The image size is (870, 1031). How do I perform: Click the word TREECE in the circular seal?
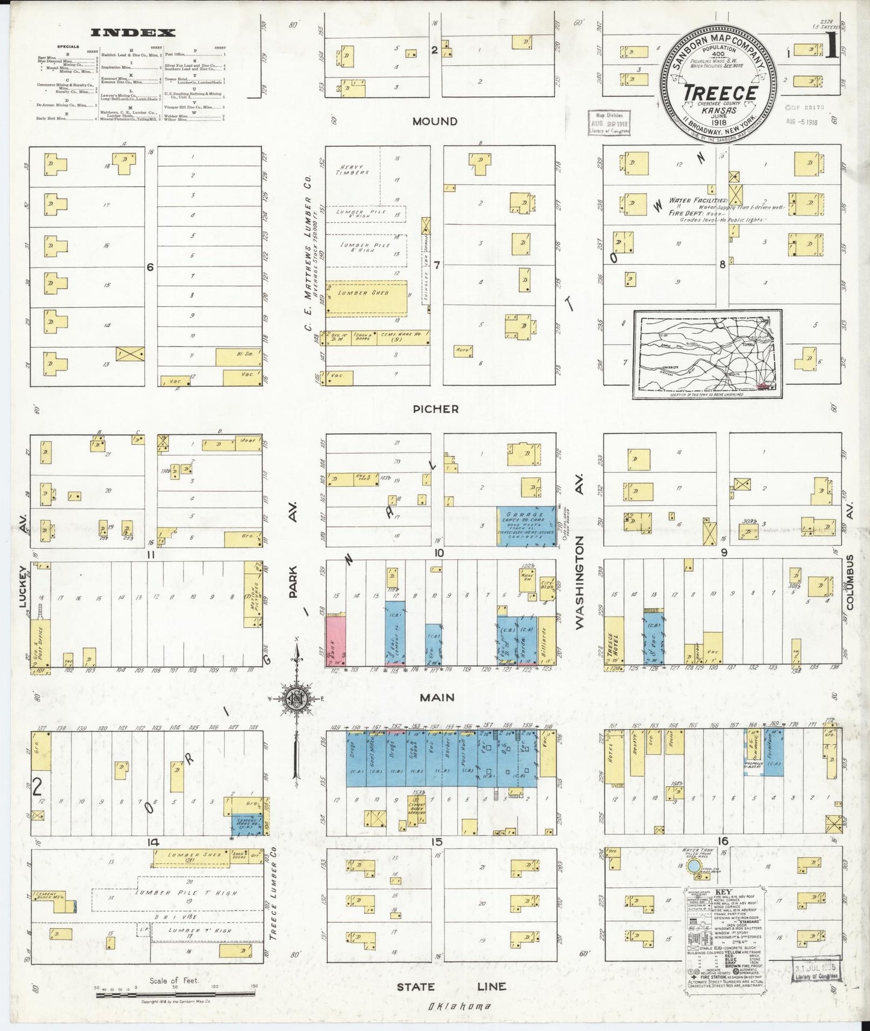tap(719, 93)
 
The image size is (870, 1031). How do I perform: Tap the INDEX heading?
tap(133, 33)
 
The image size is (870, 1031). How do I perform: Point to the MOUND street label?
tap(435, 122)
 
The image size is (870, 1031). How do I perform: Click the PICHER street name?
tap(435, 409)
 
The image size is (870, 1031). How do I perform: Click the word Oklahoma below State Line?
tap(459, 1006)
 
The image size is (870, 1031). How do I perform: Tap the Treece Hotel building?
tap(614, 641)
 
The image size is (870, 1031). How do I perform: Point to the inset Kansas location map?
tap(707, 354)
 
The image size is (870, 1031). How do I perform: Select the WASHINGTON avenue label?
tap(580, 583)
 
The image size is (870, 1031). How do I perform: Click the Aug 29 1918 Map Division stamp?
tap(609, 123)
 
